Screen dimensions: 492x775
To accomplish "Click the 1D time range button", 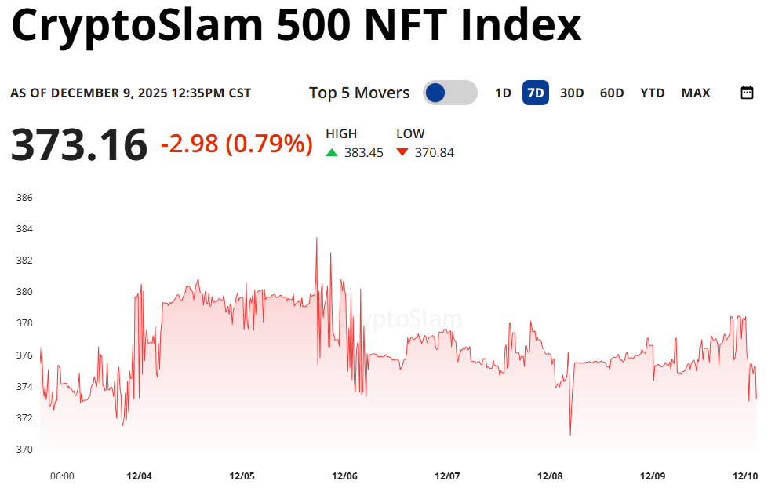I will click(503, 93).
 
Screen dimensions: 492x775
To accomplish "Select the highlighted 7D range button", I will click(536, 93).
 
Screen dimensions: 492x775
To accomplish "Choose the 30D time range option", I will click(572, 93).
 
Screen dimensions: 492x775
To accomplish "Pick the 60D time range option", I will click(612, 93).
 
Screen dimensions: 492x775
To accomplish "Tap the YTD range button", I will click(652, 93).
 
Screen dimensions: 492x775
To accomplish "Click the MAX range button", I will click(696, 93).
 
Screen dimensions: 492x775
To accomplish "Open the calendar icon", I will click(747, 93).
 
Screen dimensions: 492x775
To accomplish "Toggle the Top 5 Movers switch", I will click(449, 93).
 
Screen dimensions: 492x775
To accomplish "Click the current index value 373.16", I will click(78, 145).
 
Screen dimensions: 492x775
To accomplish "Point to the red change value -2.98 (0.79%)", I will click(236, 144).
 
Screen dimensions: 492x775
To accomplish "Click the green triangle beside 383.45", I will click(332, 152).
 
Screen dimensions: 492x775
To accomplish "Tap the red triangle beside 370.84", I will click(402, 152).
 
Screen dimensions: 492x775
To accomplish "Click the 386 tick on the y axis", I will click(24, 198).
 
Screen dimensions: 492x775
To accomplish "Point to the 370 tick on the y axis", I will click(24, 450).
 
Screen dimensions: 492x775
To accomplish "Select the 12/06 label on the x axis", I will click(345, 476).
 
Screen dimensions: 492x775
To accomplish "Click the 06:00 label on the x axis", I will click(62, 476).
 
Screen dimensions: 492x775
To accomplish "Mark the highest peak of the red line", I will click(317, 238).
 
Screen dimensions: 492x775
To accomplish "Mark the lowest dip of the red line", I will click(570, 435).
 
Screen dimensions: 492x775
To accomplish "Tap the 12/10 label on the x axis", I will click(744, 476).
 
